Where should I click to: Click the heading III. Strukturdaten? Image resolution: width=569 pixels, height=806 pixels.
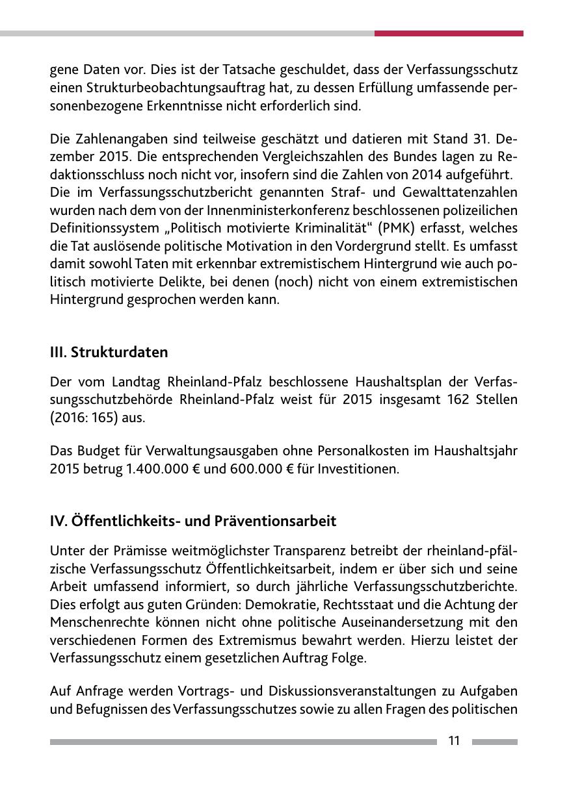point(109,353)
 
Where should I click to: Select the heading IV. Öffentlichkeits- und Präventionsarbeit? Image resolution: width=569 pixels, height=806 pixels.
point(193,522)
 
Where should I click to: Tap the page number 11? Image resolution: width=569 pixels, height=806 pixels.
point(454,741)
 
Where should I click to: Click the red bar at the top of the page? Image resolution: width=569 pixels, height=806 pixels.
point(449,33)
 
